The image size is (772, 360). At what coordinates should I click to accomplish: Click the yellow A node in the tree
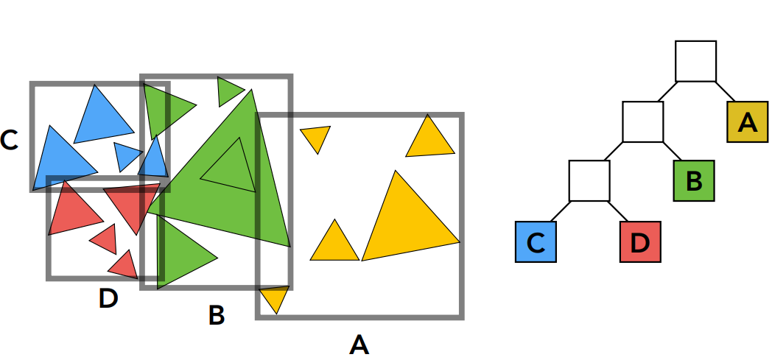point(748,122)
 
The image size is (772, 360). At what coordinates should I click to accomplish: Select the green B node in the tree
point(694,180)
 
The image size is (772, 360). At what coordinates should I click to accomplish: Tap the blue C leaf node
point(536,241)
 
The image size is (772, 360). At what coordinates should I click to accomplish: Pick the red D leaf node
point(640,241)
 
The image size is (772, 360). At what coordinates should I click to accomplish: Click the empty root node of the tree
point(695,61)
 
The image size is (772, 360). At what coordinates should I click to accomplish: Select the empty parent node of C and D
point(589,180)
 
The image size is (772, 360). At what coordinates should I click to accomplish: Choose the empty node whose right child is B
point(642,121)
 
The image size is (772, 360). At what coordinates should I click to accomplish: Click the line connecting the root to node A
point(725,91)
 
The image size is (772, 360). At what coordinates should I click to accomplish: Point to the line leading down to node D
point(618,211)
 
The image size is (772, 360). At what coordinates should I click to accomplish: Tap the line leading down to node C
point(561,211)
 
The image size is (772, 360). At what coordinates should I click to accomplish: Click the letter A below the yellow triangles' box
point(359,345)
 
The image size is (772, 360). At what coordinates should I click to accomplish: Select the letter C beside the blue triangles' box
point(9,140)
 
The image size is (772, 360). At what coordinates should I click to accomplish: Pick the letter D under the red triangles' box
point(108,298)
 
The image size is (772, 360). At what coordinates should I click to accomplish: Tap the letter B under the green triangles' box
point(217,315)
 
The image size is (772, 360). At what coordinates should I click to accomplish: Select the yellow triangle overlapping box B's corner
point(275,297)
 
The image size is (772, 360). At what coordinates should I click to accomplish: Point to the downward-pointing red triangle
point(133,203)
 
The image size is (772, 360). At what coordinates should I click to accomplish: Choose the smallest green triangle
point(228,91)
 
